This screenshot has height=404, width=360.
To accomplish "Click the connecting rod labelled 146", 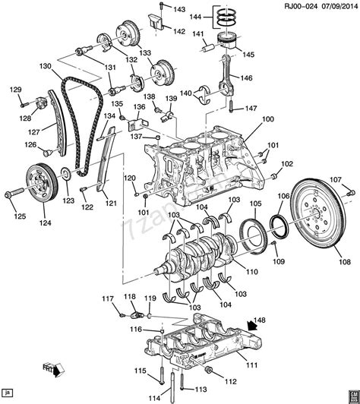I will [227, 75].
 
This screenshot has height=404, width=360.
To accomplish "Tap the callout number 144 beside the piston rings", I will [195, 16].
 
